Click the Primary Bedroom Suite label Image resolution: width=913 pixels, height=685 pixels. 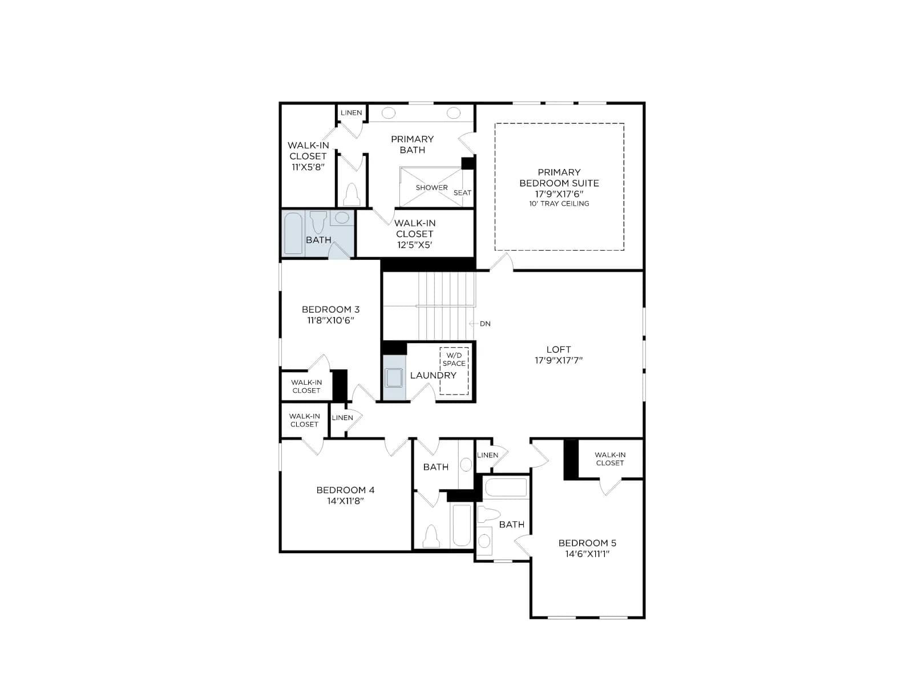[x=559, y=187]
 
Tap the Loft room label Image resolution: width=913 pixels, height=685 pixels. [x=558, y=354]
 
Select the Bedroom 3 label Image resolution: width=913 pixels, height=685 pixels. [x=330, y=315]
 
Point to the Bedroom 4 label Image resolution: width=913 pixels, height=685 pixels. [x=345, y=495]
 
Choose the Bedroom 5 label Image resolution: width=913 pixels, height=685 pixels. [x=587, y=548]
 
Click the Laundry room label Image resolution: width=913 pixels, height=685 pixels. [x=433, y=375]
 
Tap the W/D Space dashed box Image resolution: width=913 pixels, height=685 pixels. [x=454, y=370]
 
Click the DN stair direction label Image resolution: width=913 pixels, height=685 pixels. [x=485, y=324]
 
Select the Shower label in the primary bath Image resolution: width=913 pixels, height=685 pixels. [x=432, y=188]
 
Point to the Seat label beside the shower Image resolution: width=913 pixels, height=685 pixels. [x=462, y=192]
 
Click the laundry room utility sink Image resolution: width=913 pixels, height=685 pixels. [x=393, y=378]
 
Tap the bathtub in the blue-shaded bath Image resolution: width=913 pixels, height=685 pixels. [x=293, y=233]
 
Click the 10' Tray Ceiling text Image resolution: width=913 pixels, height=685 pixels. [x=559, y=204]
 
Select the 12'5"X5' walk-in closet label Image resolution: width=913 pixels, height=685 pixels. [x=415, y=233]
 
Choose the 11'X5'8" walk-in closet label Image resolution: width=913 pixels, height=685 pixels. [x=308, y=156]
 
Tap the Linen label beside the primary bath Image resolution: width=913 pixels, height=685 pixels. [x=351, y=112]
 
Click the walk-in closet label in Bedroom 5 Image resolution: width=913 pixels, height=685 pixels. [x=610, y=459]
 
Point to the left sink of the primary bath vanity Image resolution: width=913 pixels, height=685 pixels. [x=389, y=112]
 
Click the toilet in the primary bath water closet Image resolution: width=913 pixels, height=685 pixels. [x=352, y=194]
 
